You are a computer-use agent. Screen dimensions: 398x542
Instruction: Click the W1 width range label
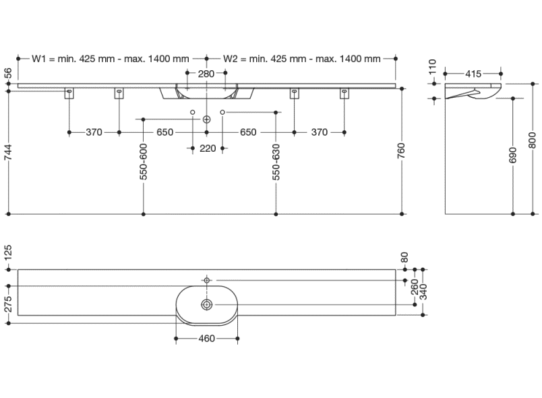111,59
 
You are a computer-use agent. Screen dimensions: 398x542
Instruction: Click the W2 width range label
301,59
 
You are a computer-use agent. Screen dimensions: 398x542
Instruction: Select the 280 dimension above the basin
207,73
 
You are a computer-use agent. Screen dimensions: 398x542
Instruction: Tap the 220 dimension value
208,148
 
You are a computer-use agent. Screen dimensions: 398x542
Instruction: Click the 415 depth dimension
473,73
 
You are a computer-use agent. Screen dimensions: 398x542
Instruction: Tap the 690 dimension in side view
514,157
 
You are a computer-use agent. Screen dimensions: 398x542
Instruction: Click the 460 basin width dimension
207,339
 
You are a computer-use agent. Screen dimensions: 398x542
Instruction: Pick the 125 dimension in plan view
8,254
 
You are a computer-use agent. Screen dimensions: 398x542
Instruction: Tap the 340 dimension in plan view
423,291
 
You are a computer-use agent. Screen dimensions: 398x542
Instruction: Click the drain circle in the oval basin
206,305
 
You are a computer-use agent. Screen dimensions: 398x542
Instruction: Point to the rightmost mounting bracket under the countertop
344,94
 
